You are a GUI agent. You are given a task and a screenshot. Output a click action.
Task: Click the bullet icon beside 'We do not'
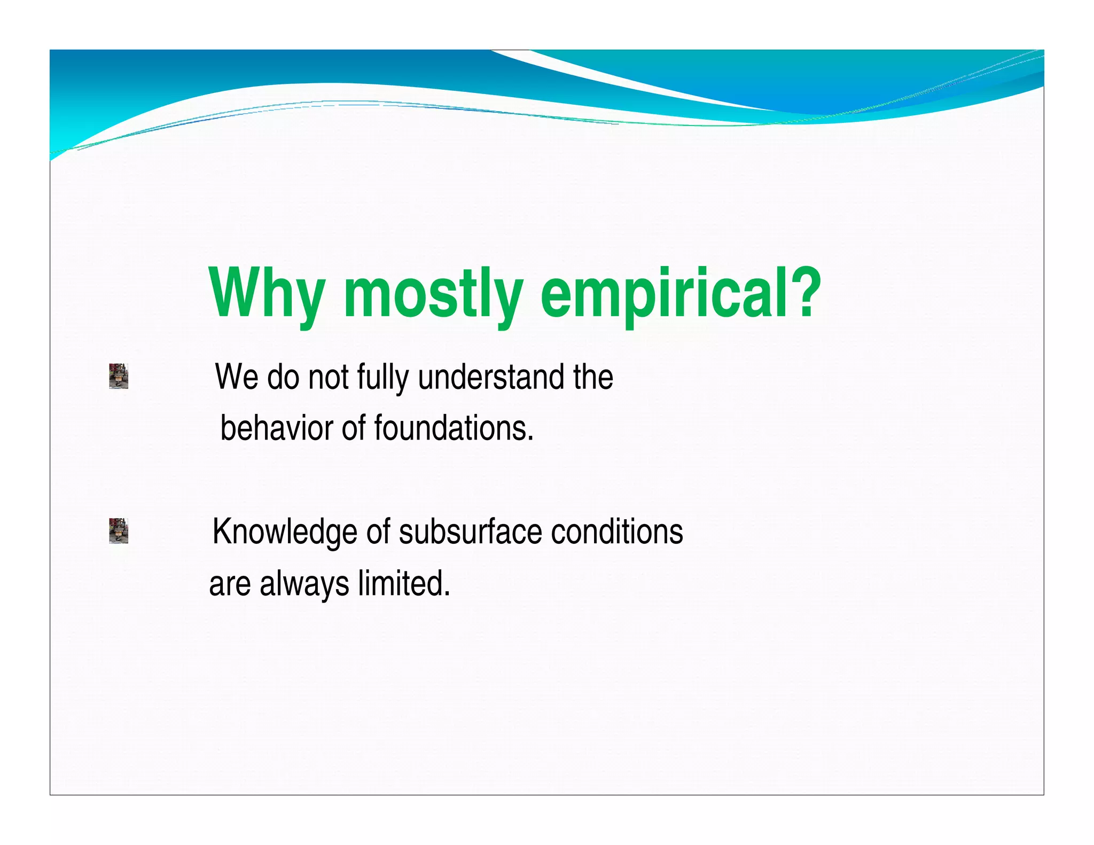[x=119, y=376]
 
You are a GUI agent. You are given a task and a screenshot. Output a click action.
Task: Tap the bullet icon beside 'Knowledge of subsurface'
[x=119, y=530]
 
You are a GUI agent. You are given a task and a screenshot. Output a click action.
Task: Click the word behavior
[x=277, y=428]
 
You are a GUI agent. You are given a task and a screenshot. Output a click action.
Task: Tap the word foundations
[x=454, y=428]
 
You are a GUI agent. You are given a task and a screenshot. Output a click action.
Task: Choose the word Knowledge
[x=284, y=532]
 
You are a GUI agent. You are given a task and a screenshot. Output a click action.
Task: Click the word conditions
[x=617, y=531]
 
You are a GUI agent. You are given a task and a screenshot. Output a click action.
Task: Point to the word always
[x=304, y=584]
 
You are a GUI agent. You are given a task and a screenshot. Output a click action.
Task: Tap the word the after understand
[x=593, y=377]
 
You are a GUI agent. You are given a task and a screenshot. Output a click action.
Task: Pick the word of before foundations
[x=354, y=428]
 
